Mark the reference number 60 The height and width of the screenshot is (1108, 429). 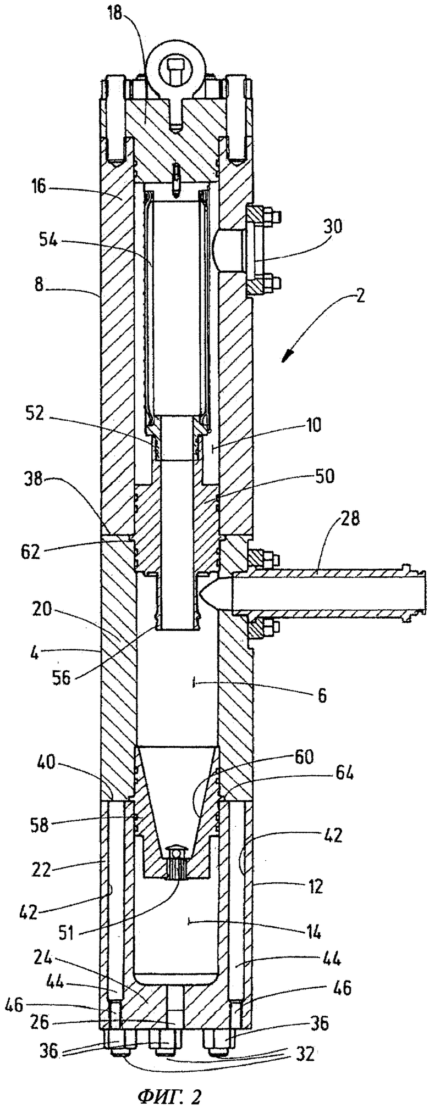(x=302, y=756)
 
